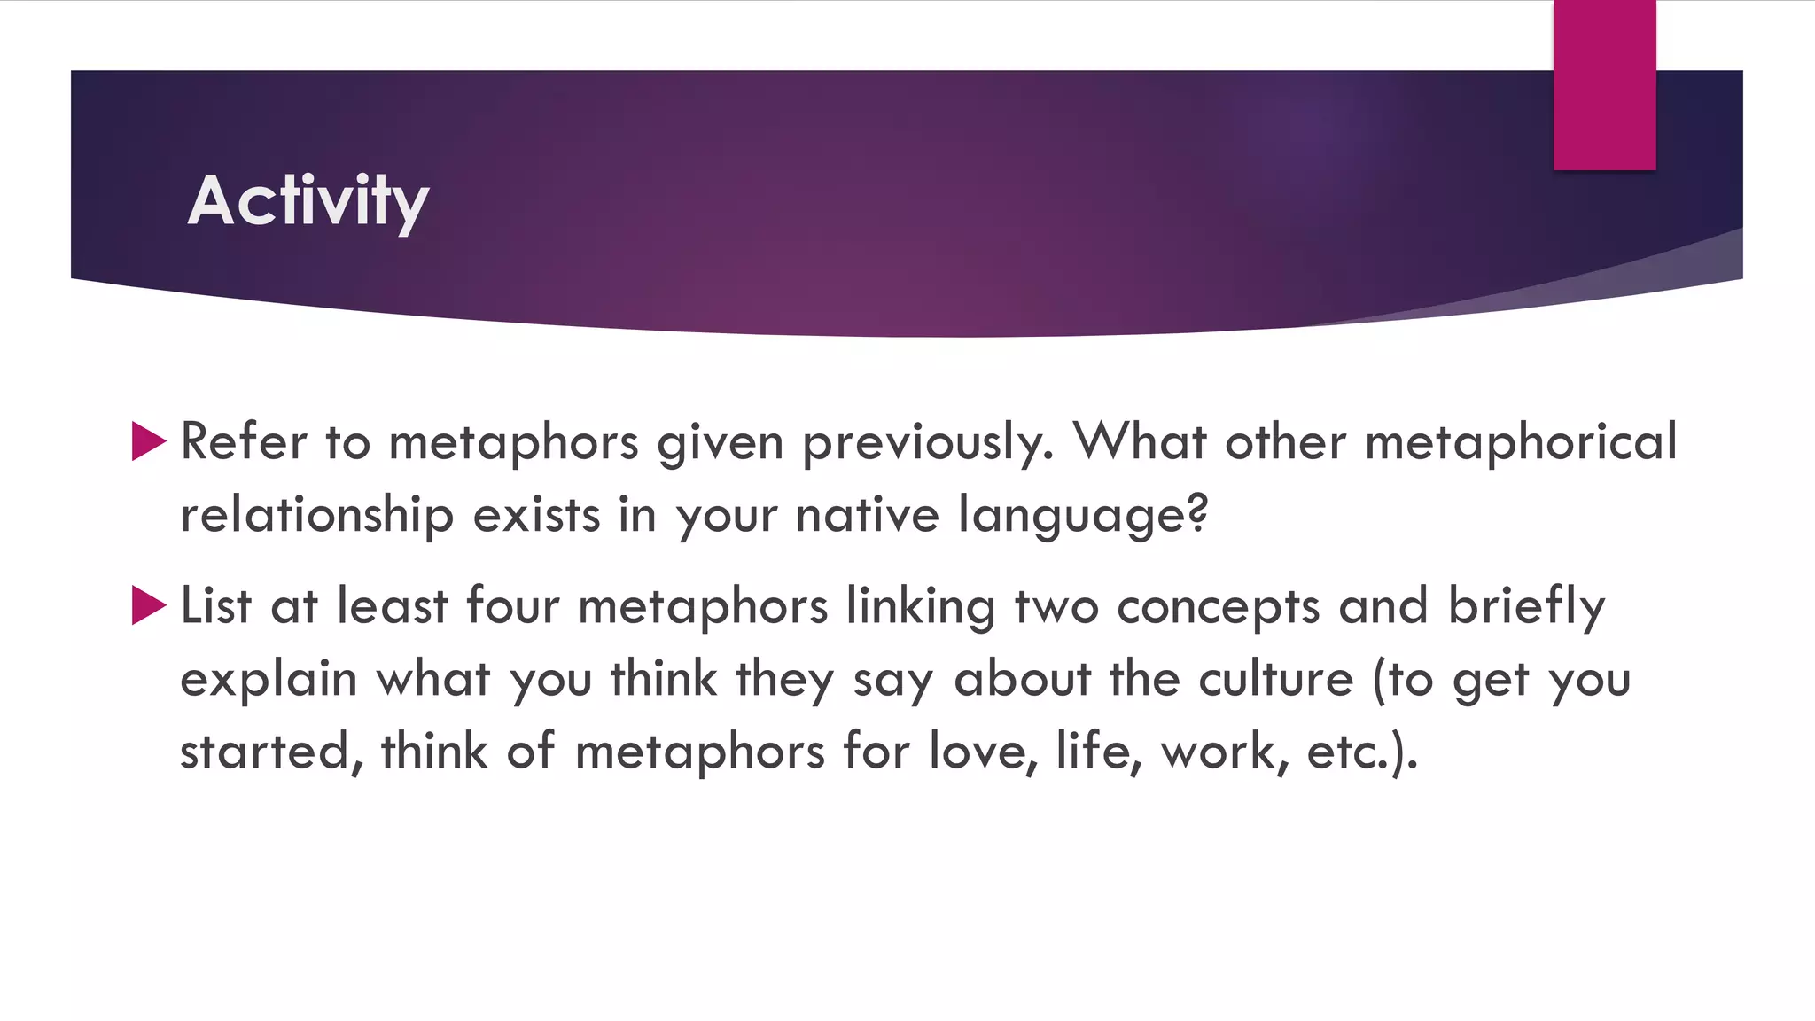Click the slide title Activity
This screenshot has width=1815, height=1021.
coord(308,201)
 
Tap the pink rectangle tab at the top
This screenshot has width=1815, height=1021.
coord(1604,85)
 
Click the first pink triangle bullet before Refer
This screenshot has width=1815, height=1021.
coord(148,440)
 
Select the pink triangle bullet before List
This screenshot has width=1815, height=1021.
coord(148,605)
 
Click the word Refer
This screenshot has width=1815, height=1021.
coord(243,440)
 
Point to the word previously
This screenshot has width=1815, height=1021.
coord(928,442)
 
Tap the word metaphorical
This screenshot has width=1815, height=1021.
coord(1521,440)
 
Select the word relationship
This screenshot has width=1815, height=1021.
coord(316,515)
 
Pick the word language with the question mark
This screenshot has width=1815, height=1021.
coord(1083,517)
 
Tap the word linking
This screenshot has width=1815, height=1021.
coord(921,608)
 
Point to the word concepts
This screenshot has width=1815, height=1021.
coord(1218,608)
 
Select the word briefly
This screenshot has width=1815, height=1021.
coord(1526,608)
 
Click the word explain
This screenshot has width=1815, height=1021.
coord(269,681)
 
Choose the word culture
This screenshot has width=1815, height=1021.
coord(1276,679)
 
